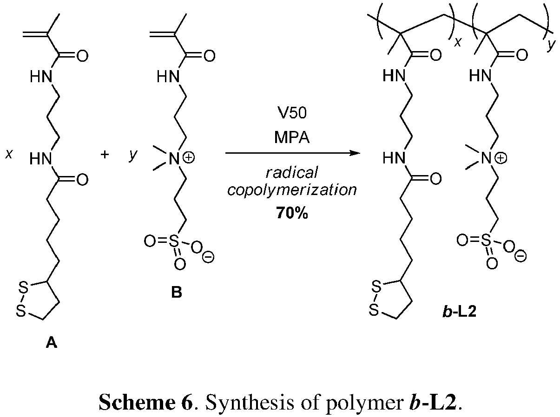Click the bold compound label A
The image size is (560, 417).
point(51,343)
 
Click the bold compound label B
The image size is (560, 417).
point(177,293)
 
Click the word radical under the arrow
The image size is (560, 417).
point(291,173)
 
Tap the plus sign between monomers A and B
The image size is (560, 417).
point(105,155)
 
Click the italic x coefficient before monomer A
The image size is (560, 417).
point(8,155)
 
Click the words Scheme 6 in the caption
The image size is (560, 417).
point(145,403)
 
